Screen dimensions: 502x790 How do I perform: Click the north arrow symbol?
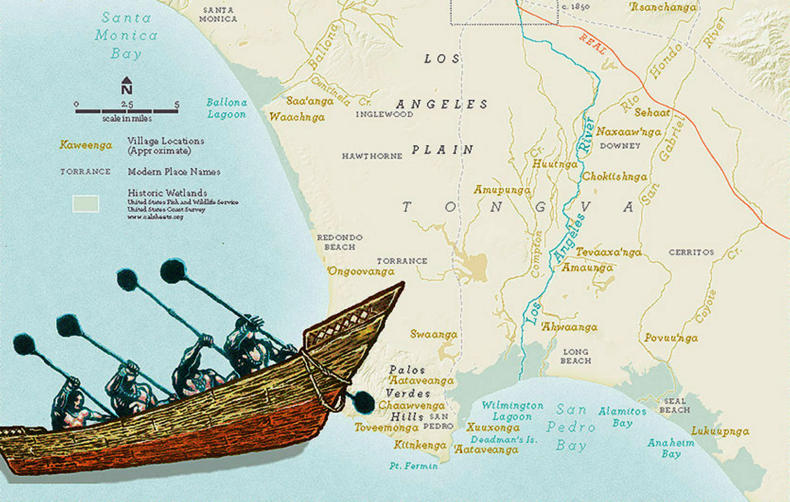126,85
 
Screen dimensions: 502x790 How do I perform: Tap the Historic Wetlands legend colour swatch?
85,204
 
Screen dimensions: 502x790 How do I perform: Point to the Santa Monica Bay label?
126,36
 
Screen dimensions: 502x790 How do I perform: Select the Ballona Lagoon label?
227,108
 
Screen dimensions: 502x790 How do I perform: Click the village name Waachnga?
297,117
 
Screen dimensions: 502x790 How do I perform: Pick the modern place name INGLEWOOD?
384,114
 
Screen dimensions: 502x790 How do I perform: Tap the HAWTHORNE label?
372,156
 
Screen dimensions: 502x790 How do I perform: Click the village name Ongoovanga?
361,271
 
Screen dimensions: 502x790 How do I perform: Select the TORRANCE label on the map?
402,261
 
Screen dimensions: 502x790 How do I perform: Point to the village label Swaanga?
434,335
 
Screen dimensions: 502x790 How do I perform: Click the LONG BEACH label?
576,356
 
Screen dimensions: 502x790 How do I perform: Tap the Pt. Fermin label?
413,465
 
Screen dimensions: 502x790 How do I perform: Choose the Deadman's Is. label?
503,439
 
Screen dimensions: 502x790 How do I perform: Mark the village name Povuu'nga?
671,338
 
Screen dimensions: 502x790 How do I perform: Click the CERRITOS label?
691,252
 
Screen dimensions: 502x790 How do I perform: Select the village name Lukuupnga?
720,431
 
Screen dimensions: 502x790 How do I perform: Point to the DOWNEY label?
620,146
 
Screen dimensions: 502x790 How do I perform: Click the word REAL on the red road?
593,44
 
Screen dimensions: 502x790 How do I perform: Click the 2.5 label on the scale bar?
127,104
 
